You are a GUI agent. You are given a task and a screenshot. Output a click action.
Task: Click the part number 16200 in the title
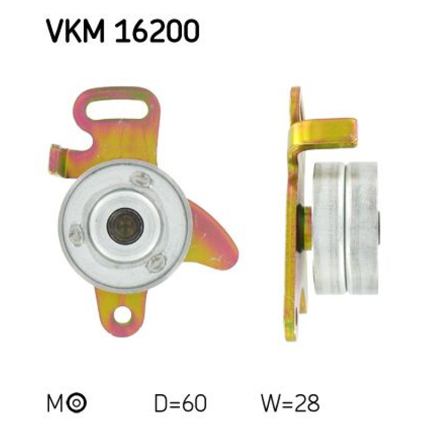click(x=157, y=31)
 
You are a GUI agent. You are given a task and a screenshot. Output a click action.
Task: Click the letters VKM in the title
click(x=76, y=31)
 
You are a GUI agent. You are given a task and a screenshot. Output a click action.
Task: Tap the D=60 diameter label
click(x=180, y=403)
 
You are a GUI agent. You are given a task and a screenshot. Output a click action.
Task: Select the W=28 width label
click(x=291, y=403)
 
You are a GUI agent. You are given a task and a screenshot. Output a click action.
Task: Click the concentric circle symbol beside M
click(x=77, y=403)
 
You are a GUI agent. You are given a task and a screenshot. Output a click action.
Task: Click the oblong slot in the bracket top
click(x=117, y=110)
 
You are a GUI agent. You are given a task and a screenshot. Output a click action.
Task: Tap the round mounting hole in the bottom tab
click(x=122, y=314)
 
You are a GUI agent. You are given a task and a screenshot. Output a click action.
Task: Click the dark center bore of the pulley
click(x=125, y=226)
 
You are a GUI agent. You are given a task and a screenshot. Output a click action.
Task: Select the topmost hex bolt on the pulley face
click(x=140, y=179)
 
